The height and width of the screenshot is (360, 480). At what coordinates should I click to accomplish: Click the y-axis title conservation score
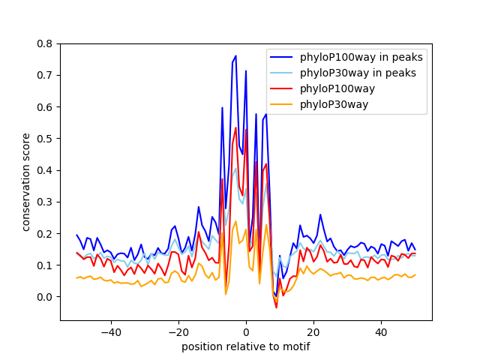point(26,181)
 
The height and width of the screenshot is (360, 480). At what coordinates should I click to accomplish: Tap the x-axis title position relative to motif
point(245,346)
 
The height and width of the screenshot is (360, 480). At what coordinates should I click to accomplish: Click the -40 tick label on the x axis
point(111,331)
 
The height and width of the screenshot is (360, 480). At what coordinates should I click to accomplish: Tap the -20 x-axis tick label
point(178,331)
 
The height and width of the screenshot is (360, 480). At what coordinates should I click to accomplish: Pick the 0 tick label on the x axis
point(246,331)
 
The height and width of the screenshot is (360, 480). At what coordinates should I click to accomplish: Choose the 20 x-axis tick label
point(313,331)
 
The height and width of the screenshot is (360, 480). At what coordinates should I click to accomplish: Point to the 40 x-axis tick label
point(381,331)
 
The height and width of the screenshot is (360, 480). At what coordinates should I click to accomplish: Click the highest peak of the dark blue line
point(235,55)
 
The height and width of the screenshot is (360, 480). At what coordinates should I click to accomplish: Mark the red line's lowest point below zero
point(276,307)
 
